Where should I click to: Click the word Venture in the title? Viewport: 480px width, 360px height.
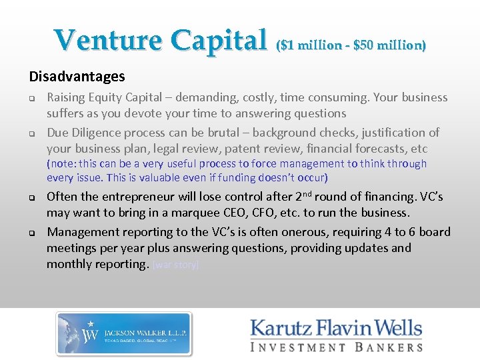coord(108,41)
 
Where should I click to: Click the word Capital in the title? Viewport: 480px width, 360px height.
coord(218,41)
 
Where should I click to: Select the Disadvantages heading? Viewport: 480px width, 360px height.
coord(77,77)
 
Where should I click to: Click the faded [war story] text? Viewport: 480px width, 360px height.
coord(175,265)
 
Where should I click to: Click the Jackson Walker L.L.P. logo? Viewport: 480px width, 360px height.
coord(124,333)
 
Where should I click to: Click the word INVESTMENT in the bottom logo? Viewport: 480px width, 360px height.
coord(299,347)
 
